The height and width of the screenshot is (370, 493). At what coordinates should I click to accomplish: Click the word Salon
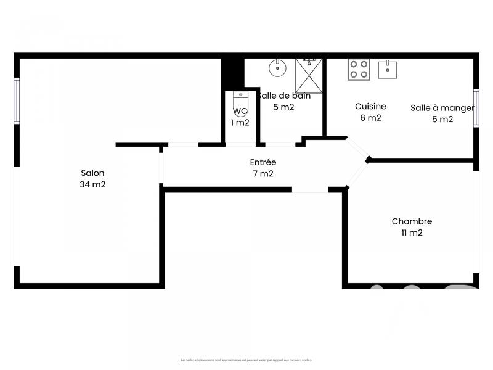(x=92, y=173)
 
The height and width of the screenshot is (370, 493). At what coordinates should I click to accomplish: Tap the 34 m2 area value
(x=92, y=184)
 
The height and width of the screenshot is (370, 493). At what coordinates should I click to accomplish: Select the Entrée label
(x=263, y=162)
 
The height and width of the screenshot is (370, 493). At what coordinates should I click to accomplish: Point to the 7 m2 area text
(x=263, y=174)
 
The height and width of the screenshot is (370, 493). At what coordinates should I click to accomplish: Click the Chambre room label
(x=412, y=221)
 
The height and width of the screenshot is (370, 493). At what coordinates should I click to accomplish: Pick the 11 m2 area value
(x=412, y=233)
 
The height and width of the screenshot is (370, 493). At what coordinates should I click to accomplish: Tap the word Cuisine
(x=370, y=107)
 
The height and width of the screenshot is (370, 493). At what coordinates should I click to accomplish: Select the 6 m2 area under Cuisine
(x=370, y=118)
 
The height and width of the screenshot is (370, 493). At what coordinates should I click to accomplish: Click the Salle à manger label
(x=442, y=108)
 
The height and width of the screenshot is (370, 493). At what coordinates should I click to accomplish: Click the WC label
(x=240, y=112)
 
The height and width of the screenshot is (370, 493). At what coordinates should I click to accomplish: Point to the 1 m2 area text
(x=240, y=123)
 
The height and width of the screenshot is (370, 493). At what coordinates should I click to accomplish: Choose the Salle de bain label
(x=284, y=96)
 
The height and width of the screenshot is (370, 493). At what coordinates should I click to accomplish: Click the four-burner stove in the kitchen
(x=359, y=69)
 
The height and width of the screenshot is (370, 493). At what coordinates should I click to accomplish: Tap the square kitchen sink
(x=388, y=69)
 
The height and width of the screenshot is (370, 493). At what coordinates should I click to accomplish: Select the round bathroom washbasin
(x=278, y=67)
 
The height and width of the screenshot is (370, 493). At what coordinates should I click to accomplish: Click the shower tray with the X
(x=308, y=75)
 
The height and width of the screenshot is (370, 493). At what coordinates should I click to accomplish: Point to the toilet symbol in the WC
(x=240, y=101)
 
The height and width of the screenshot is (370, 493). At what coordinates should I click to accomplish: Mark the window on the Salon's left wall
(x=17, y=100)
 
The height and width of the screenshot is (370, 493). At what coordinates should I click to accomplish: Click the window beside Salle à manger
(x=476, y=108)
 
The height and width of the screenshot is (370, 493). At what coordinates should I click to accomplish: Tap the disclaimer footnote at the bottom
(x=246, y=360)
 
